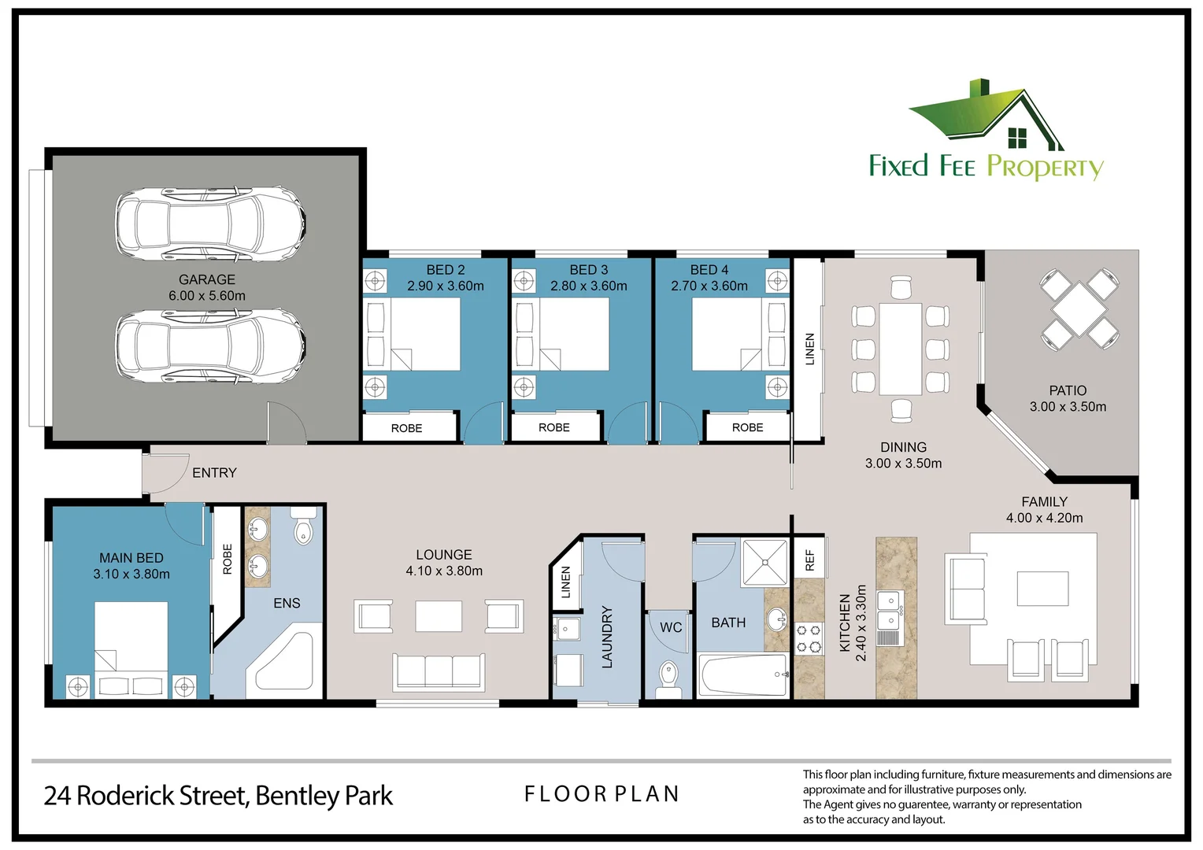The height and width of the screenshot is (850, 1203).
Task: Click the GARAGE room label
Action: (x=206, y=279)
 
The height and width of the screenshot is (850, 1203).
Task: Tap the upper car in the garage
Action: (x=210, y=224)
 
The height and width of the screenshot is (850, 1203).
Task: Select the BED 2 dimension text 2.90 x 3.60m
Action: (x=445, y=286)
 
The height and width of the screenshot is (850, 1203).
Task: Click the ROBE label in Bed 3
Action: (x=553, y=427)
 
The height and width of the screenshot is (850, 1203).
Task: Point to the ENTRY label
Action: (x=214, y=472)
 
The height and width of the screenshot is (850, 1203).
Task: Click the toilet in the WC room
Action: (x=668, y=678)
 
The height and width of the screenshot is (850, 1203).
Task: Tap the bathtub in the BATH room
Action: (x=743, y=675)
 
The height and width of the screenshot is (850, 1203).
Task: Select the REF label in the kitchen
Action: (x=809, y=560)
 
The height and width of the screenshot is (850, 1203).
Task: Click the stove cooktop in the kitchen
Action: (x=809, y=638)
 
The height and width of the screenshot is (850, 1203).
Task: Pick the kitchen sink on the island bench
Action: (x=890, y=609)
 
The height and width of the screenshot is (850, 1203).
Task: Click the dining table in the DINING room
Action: (x=900, y=349)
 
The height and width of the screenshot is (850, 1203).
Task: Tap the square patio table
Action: (x=1079, y=309)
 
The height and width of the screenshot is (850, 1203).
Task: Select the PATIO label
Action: (x=1068, y=390)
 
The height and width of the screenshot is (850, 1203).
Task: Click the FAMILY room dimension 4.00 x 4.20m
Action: (x=1044, y=518)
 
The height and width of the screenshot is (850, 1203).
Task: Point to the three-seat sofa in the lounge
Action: (x=439, y=671)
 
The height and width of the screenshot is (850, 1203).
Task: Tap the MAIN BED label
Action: (x=131, y=557)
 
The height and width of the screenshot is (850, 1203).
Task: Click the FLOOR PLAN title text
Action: (x=601, y=794)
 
